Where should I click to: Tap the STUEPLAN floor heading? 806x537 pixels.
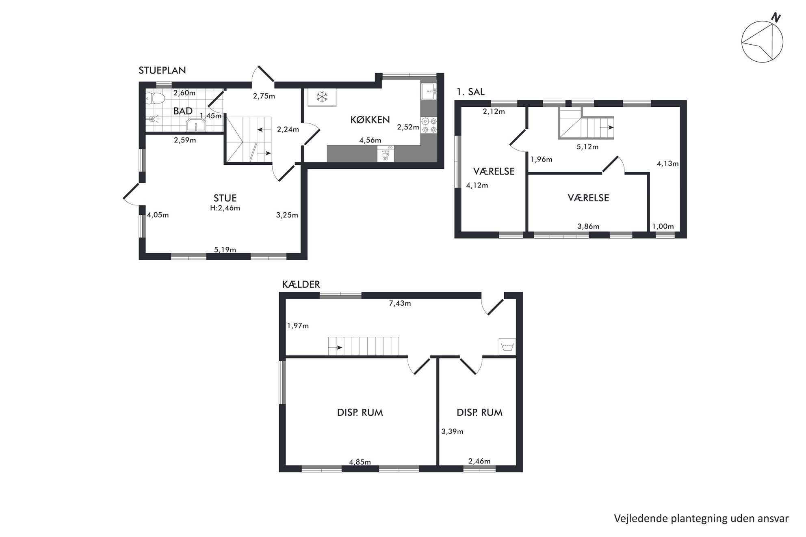pyautogui.click(x=162, y=70)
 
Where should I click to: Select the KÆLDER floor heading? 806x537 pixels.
pyautogui.click(x=301, y=285)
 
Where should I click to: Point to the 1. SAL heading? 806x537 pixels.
pyautogui.click(x=470, y=92)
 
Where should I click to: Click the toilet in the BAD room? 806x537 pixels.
pyautogui.click(x=155, y=98)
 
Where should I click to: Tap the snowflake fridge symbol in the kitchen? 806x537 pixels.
pyautogui.click(x=322, y=97)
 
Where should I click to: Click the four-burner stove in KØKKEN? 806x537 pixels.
pyautogui.click(x=429, y=125)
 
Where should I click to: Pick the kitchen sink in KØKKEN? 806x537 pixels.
pyautogui.click(x=429, y=91)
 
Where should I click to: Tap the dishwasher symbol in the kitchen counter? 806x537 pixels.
pyautogui.click(x=386, y=154)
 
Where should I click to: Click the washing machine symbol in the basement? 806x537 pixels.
pyautogui.click(x=507, y=347)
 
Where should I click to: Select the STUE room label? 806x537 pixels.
pyautogui.click(x=225, y=198)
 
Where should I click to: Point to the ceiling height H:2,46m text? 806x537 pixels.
pyautogui.click(x=225, y=208)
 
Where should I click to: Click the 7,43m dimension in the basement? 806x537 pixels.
pyautogui.click(x=400, y=303)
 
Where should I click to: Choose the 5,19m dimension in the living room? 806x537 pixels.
pyautogui.click(x=225, y=250)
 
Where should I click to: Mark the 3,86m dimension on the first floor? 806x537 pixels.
pyautogui.click(x=588, y=226)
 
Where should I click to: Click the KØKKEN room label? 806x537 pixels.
pyautogui.click(x=370, y=120)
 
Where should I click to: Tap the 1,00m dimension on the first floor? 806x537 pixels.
pyautogui.click(x=663, y=226)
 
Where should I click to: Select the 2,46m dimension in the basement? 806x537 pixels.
pyautogui.click(x=479, y=461)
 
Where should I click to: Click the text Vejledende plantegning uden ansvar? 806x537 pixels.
pyautogui.click(x=701, y=518)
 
